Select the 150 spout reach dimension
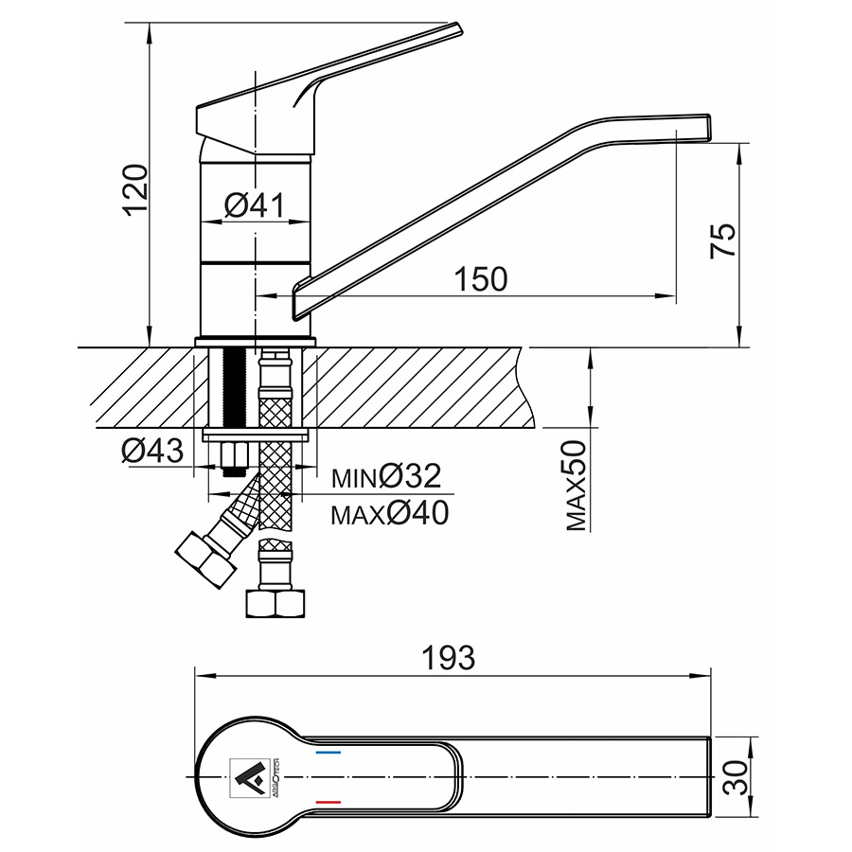(481, 279)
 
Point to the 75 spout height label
(722, 240)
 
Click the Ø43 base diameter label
(151, 452)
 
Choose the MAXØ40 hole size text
(389, 513)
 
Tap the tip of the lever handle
(453, 29)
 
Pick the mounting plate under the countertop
(257, 436)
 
